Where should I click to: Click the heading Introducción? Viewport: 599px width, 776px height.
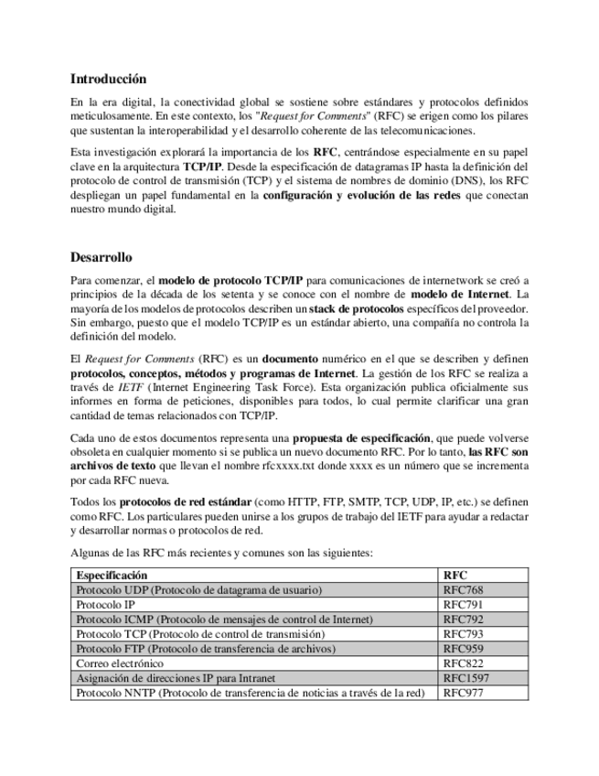(x=108, y=79)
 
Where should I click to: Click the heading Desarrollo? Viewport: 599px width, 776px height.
(x=101, y=257)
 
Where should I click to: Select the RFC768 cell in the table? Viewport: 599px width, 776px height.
(x=463, y=590)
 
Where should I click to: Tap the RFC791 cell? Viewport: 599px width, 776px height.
(x=463, y=605)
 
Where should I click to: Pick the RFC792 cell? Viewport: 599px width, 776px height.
(x=463, y=620)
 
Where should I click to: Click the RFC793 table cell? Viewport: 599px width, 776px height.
(x=463, y=634)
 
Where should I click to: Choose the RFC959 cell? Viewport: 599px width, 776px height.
(x=463, y=649)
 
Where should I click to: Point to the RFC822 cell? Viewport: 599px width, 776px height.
(x=463, y=663)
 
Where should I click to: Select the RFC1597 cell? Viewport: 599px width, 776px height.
(x=465, y=678)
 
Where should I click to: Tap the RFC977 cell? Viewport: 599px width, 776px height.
(x=463, y=693)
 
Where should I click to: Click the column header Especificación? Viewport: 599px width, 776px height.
(x=112, y=576)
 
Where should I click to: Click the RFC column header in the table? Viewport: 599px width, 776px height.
(x=455, y=576)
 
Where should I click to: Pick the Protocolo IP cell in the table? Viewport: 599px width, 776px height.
(x=106, y=605)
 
